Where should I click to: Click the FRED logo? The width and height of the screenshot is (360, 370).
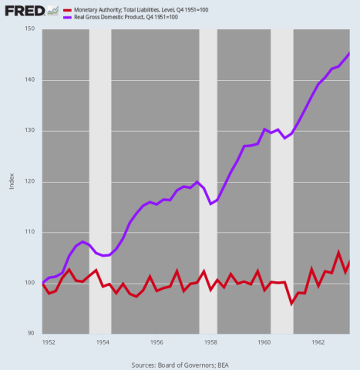coord(23,10)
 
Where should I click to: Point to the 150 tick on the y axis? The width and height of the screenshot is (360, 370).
coord(31,29)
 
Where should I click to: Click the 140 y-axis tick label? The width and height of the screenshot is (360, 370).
coord(31,80)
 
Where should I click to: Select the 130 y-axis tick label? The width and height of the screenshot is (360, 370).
coord(31,131)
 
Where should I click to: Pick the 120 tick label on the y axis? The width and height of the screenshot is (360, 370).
coord(31,182)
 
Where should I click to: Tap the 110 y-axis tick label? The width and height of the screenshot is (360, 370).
coord(31,232)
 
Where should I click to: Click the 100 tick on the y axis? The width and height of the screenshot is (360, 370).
coord(31,283)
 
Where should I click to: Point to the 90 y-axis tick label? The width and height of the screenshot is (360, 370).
coord(32,333)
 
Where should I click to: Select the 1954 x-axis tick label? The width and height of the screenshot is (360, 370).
coord(102,341)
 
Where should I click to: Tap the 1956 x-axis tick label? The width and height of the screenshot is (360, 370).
coord(156,341)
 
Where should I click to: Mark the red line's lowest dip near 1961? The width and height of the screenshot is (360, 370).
coord(292,304)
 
